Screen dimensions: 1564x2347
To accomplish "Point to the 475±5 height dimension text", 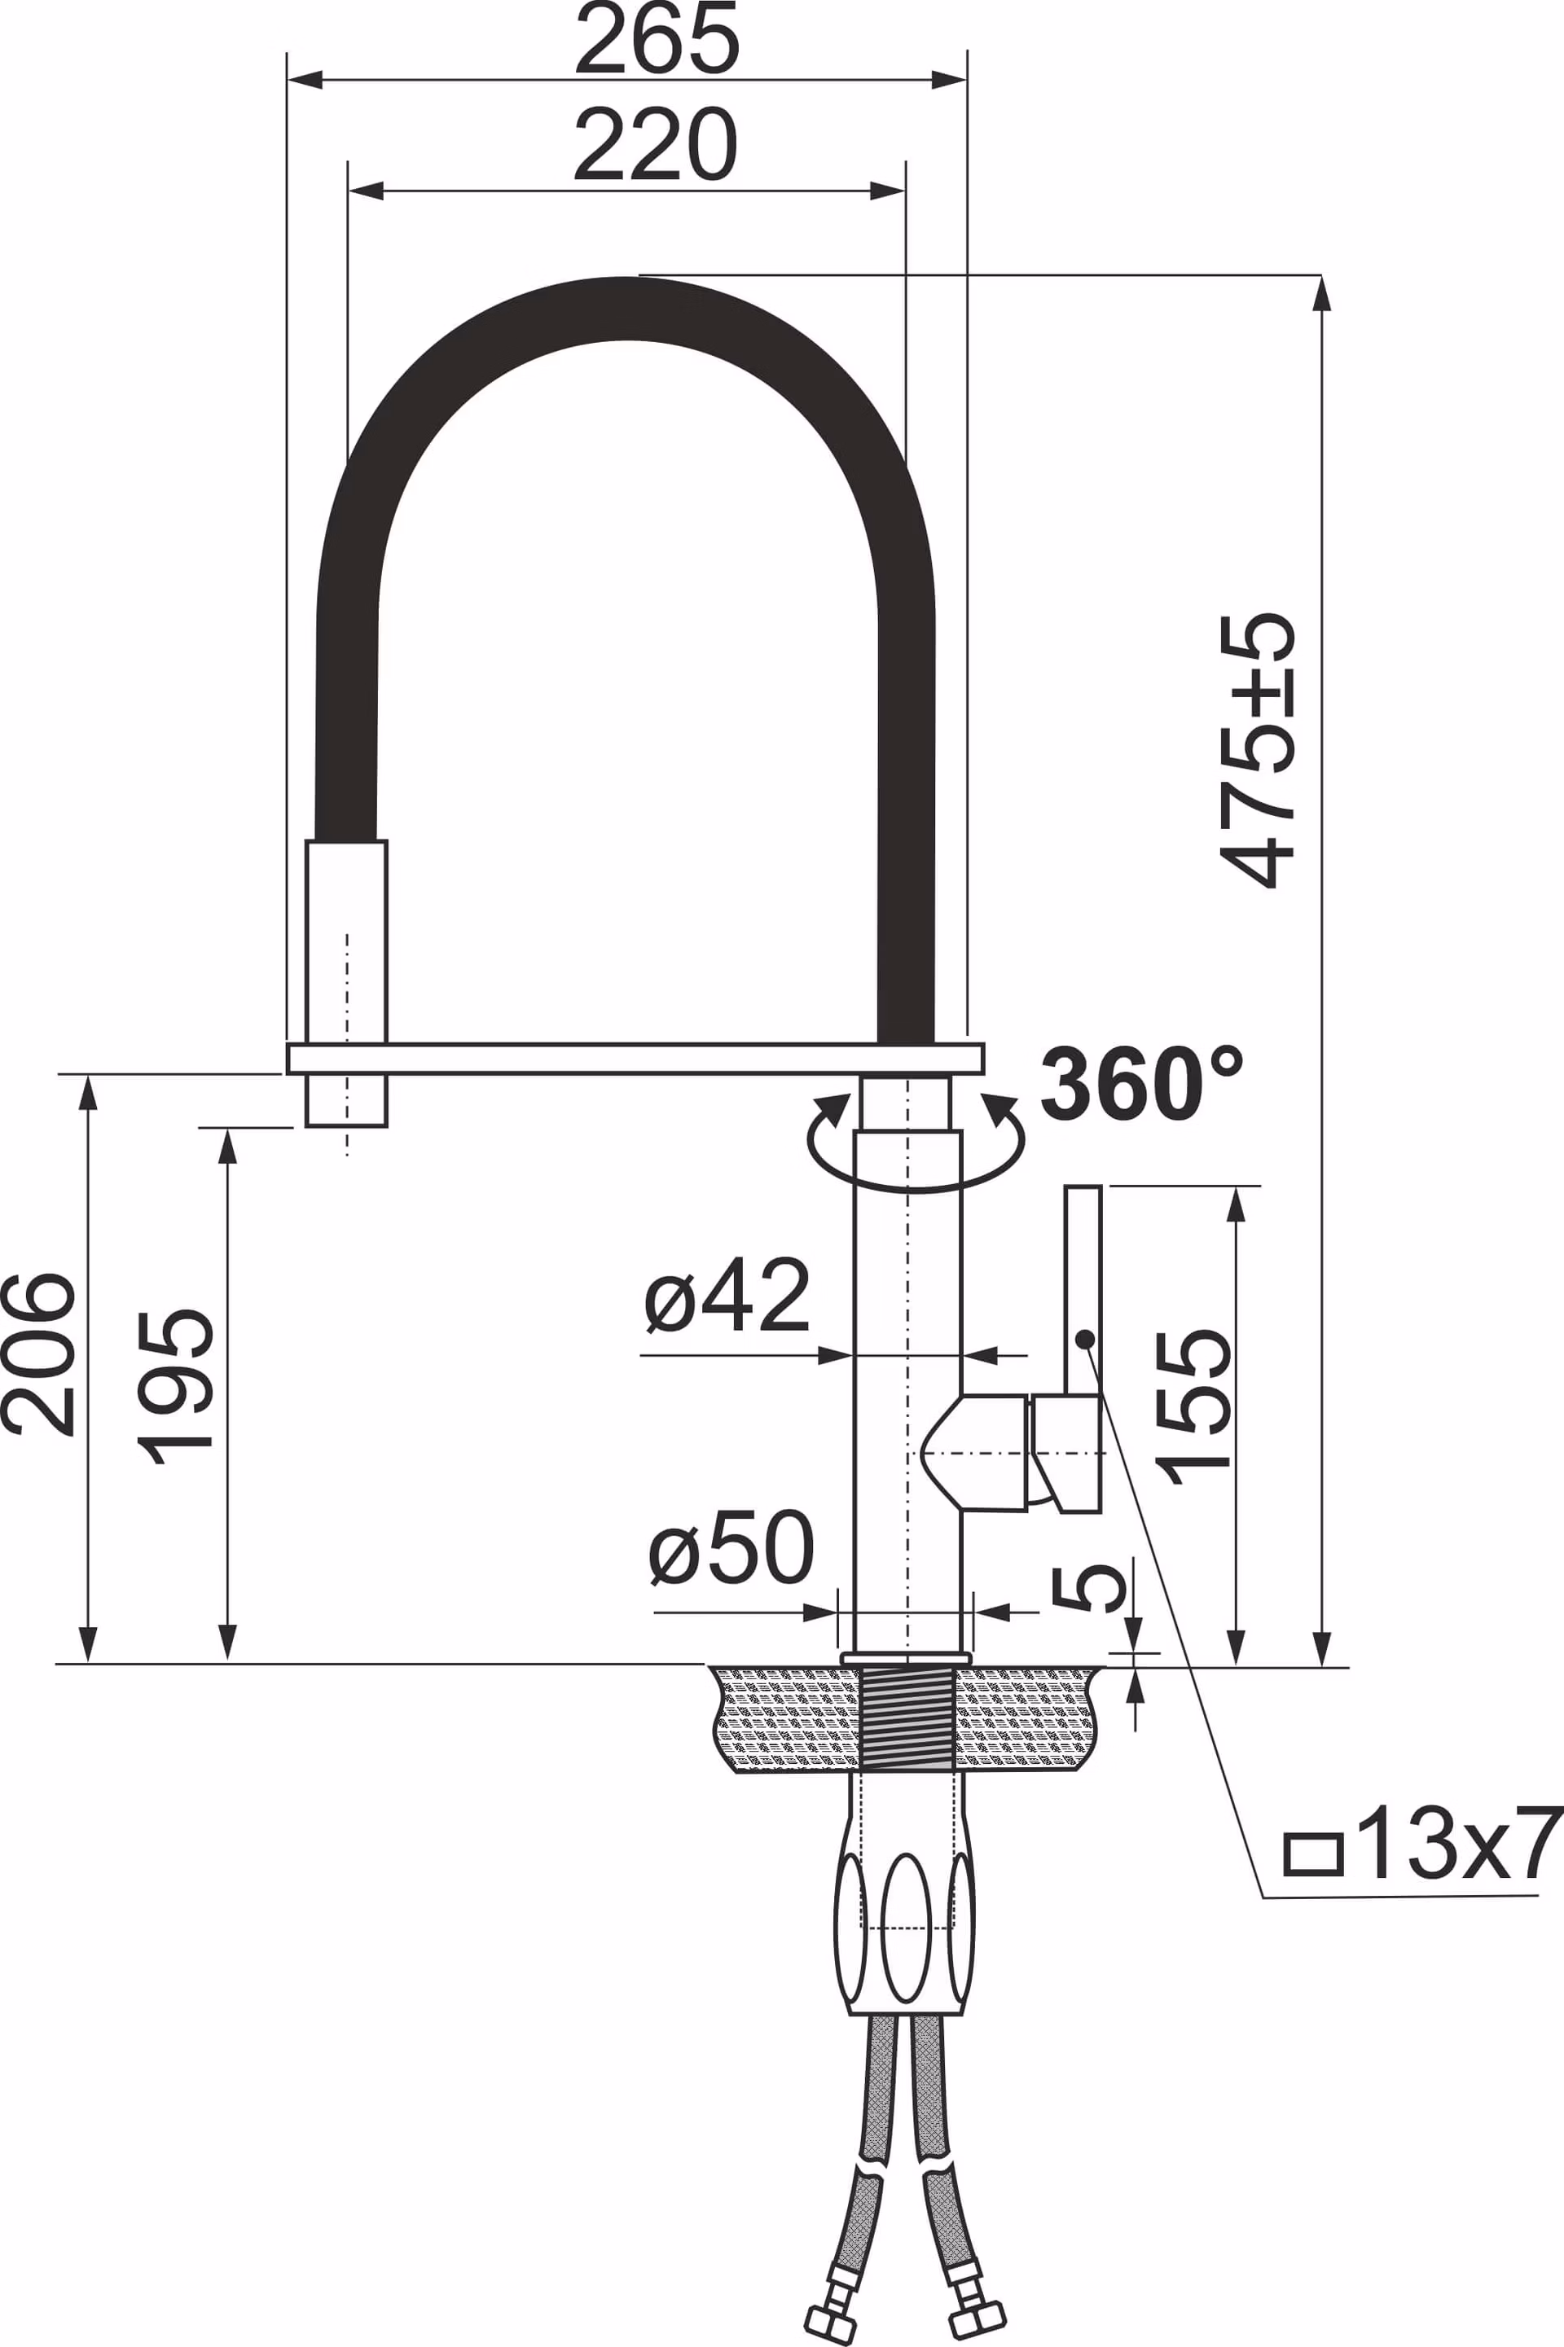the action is pyautogui.click(x=1257, y=750).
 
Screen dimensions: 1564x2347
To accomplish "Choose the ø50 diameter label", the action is pyautogui.click(x=731, y=1547).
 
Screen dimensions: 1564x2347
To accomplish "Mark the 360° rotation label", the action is pyautogui.click(x=1142, y=1084).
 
